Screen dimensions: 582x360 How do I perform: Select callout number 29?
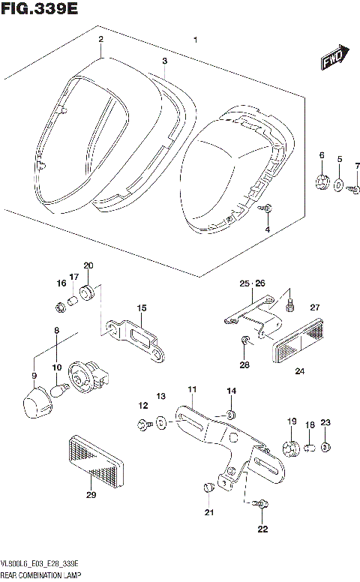(91, 494)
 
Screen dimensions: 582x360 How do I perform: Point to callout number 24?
(299, 370)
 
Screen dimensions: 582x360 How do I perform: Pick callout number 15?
(141, 308)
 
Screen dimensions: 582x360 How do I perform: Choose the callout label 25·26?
(252, 283)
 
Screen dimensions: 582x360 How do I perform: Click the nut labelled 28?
(245, 343)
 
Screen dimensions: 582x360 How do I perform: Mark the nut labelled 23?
(325, 448)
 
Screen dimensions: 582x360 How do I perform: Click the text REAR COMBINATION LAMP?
(42, 574)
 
